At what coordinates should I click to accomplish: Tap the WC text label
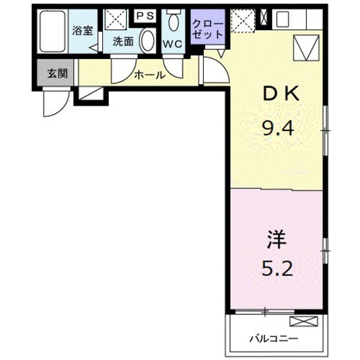172,44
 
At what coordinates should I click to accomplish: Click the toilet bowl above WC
173,22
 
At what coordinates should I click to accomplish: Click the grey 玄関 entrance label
57,73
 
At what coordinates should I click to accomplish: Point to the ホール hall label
150,75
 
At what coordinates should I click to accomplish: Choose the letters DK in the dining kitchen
278,94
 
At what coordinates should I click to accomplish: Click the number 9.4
278,128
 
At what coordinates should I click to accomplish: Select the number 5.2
277,267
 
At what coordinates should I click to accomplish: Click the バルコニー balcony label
271,337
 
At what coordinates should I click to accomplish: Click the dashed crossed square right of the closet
243,20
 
